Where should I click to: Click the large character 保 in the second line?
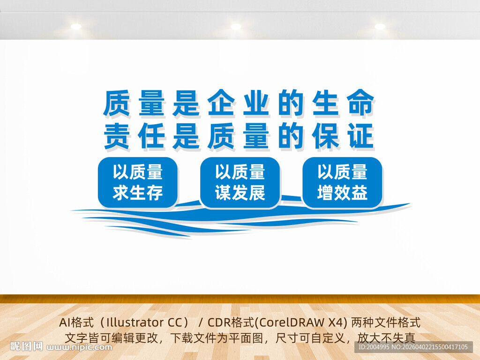tap(326, 136)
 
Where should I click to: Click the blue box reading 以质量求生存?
tap(137, 182)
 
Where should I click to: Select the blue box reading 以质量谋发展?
tap(240, 182)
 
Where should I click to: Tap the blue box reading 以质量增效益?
tap(342, 182)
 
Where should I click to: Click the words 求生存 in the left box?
tap(137, 193)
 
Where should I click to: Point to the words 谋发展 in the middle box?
tap(240, 193)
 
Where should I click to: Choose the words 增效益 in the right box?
tap(342, 193)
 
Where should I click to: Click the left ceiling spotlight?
tap(76, 27)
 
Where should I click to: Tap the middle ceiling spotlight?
tap(236, 27)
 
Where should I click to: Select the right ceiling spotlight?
tap(380, 27)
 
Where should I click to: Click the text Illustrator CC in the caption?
tap(142, 322)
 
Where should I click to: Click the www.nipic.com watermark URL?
tap(80, 347)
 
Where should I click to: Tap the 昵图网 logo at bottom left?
tap(27, 347)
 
